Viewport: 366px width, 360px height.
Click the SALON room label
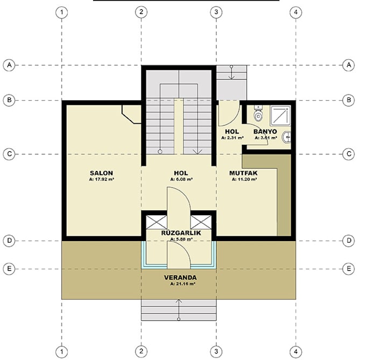click(x=101, y=173)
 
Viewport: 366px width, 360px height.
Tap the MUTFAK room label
click(x=243, y=173)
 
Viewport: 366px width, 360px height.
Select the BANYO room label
click(x=265, y=131)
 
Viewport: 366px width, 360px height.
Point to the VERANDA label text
click(x=180, y=278)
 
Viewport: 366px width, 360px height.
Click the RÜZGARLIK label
click(x=181, y=233)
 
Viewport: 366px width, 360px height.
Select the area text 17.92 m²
click(x=101, y=180)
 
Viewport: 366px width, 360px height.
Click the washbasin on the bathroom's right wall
click(x=288, y=137)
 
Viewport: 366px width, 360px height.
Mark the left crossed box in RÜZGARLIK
click(x=154, y=221)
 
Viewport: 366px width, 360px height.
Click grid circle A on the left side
click(x=9, y=65)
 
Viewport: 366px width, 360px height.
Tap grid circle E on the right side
click(x=349, y=268)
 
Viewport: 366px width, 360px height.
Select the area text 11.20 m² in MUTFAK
click(x=244, y=180)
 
